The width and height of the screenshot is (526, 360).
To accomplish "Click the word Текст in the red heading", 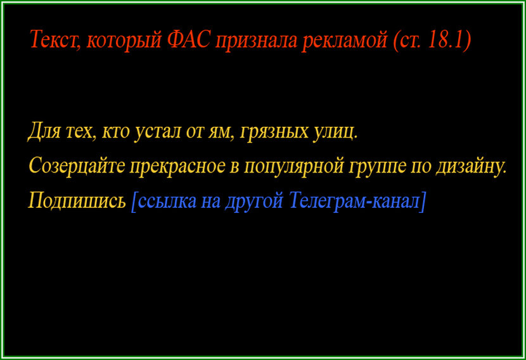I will tap(55, 40).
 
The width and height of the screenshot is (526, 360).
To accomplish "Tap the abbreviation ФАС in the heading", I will tap(190, 40).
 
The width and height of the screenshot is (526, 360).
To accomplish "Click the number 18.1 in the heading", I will tap(446, 40).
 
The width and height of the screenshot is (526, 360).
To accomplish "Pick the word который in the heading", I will tap(125, 40).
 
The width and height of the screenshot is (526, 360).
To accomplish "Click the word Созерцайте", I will tap(76, 166).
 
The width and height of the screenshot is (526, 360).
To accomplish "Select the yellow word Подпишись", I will tap(77, 201).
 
